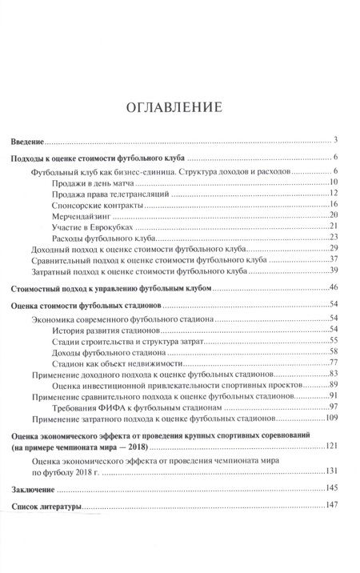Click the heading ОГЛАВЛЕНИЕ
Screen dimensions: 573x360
pos(181,107)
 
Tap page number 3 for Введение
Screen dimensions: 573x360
pos(338,139)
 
